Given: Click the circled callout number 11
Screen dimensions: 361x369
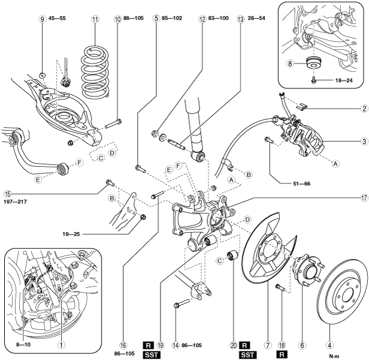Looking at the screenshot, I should [x=95, y=19].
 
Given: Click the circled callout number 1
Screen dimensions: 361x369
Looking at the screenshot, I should [x=61, y=345].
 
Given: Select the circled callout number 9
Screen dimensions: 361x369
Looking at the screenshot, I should [x=43, y=19].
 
